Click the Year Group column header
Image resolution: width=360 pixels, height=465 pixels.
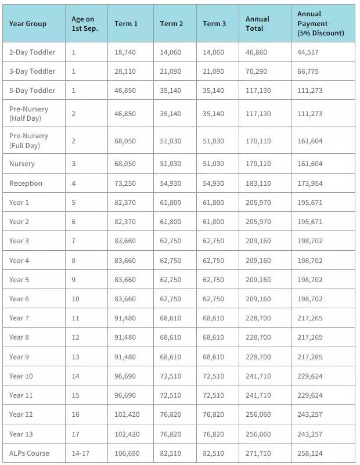[28, 24]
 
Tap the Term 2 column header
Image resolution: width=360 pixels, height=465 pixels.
[171, 24]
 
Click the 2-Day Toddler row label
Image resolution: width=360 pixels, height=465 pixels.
[32, 52]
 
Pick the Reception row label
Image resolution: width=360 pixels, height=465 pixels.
[26, 183]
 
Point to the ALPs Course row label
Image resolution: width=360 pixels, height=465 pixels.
[29, 453]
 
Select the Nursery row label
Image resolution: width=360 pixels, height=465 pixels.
[22, 164]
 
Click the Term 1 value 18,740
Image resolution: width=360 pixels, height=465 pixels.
[125, 52]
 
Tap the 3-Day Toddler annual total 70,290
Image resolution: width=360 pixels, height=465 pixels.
[258, 71]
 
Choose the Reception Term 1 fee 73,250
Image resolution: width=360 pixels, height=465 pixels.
[125, 183]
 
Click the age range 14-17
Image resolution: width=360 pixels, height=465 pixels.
[80, 453]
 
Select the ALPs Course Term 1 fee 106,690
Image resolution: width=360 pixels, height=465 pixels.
[127, 453]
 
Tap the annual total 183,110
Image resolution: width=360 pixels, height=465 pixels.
[258, 183]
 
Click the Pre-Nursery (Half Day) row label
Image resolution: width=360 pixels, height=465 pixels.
[28, 114]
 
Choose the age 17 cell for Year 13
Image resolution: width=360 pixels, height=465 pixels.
[75, 434]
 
